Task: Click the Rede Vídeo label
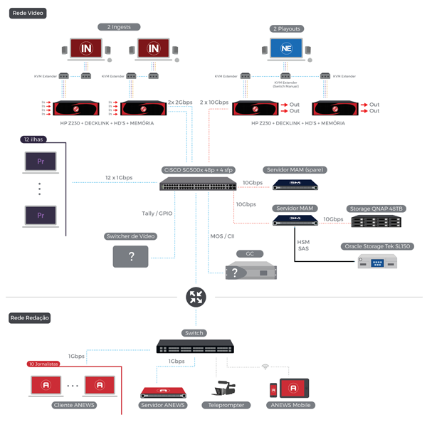(26, 13)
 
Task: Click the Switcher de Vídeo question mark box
(130, 256)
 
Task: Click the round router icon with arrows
(194, 297)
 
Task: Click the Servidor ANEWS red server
(162, 393)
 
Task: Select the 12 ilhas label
(34, 139)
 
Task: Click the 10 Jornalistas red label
(43, 363)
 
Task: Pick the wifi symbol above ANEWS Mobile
(265, 367)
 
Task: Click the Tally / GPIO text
(158, 213)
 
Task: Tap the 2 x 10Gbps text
(215, 102)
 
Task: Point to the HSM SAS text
(303, 245)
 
